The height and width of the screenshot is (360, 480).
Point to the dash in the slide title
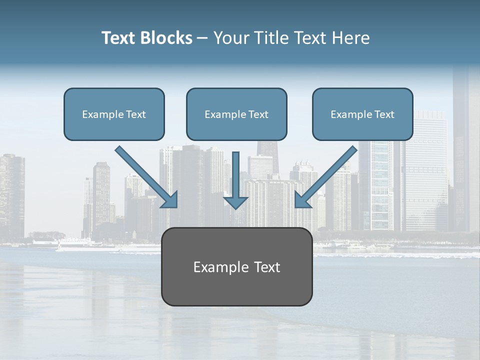(202, 38)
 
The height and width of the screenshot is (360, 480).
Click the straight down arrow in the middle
(235, 177)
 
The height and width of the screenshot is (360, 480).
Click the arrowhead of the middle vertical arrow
(235, 202)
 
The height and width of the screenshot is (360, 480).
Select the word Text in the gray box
(266, 267)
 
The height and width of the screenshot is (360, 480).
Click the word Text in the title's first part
(118, 38)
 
